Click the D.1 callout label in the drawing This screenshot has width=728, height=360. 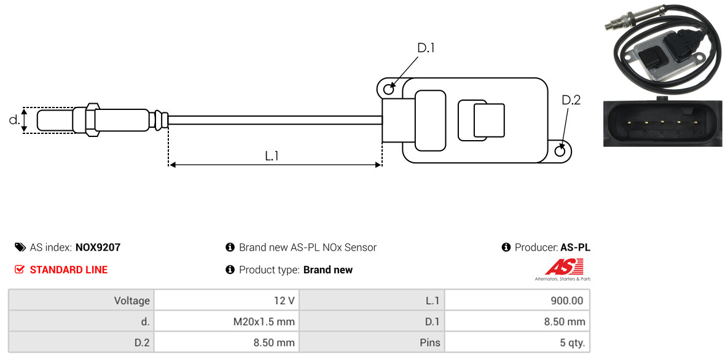pyautogui.click(x=426, y=48)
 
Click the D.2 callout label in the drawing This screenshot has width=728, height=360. pyautogui.click(x=571, y=100)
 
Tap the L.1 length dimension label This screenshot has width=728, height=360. pyautogui.click(x=272, y=156)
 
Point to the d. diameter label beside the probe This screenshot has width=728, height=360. pyautogui.click(x=14, y=120)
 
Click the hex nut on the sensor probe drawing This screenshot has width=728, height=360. pyautogui.click(x=92, y=120)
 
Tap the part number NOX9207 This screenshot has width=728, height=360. pyautogui.click(x=98, y=248)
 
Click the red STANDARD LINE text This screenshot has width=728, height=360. pyautogui.click(x=69, y=270)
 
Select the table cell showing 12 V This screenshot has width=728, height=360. pyautogui.click(x=227, y=300)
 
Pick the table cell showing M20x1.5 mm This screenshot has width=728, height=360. pyautogui.click(x=227, y=321)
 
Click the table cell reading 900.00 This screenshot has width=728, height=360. pyautogui.click(x=517, y=300)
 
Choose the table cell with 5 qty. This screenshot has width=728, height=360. pyautogui.click(x=517, y=343)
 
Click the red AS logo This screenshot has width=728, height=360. pyautogui.click(x=563, y=268)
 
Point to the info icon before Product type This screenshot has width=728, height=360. pyautogui.click(x=230, y=270)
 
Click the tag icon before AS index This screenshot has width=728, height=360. pyautogui.click(x=20, y=248)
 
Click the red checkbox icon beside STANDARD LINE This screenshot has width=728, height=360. pyautogui.click(x=20, y=270)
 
